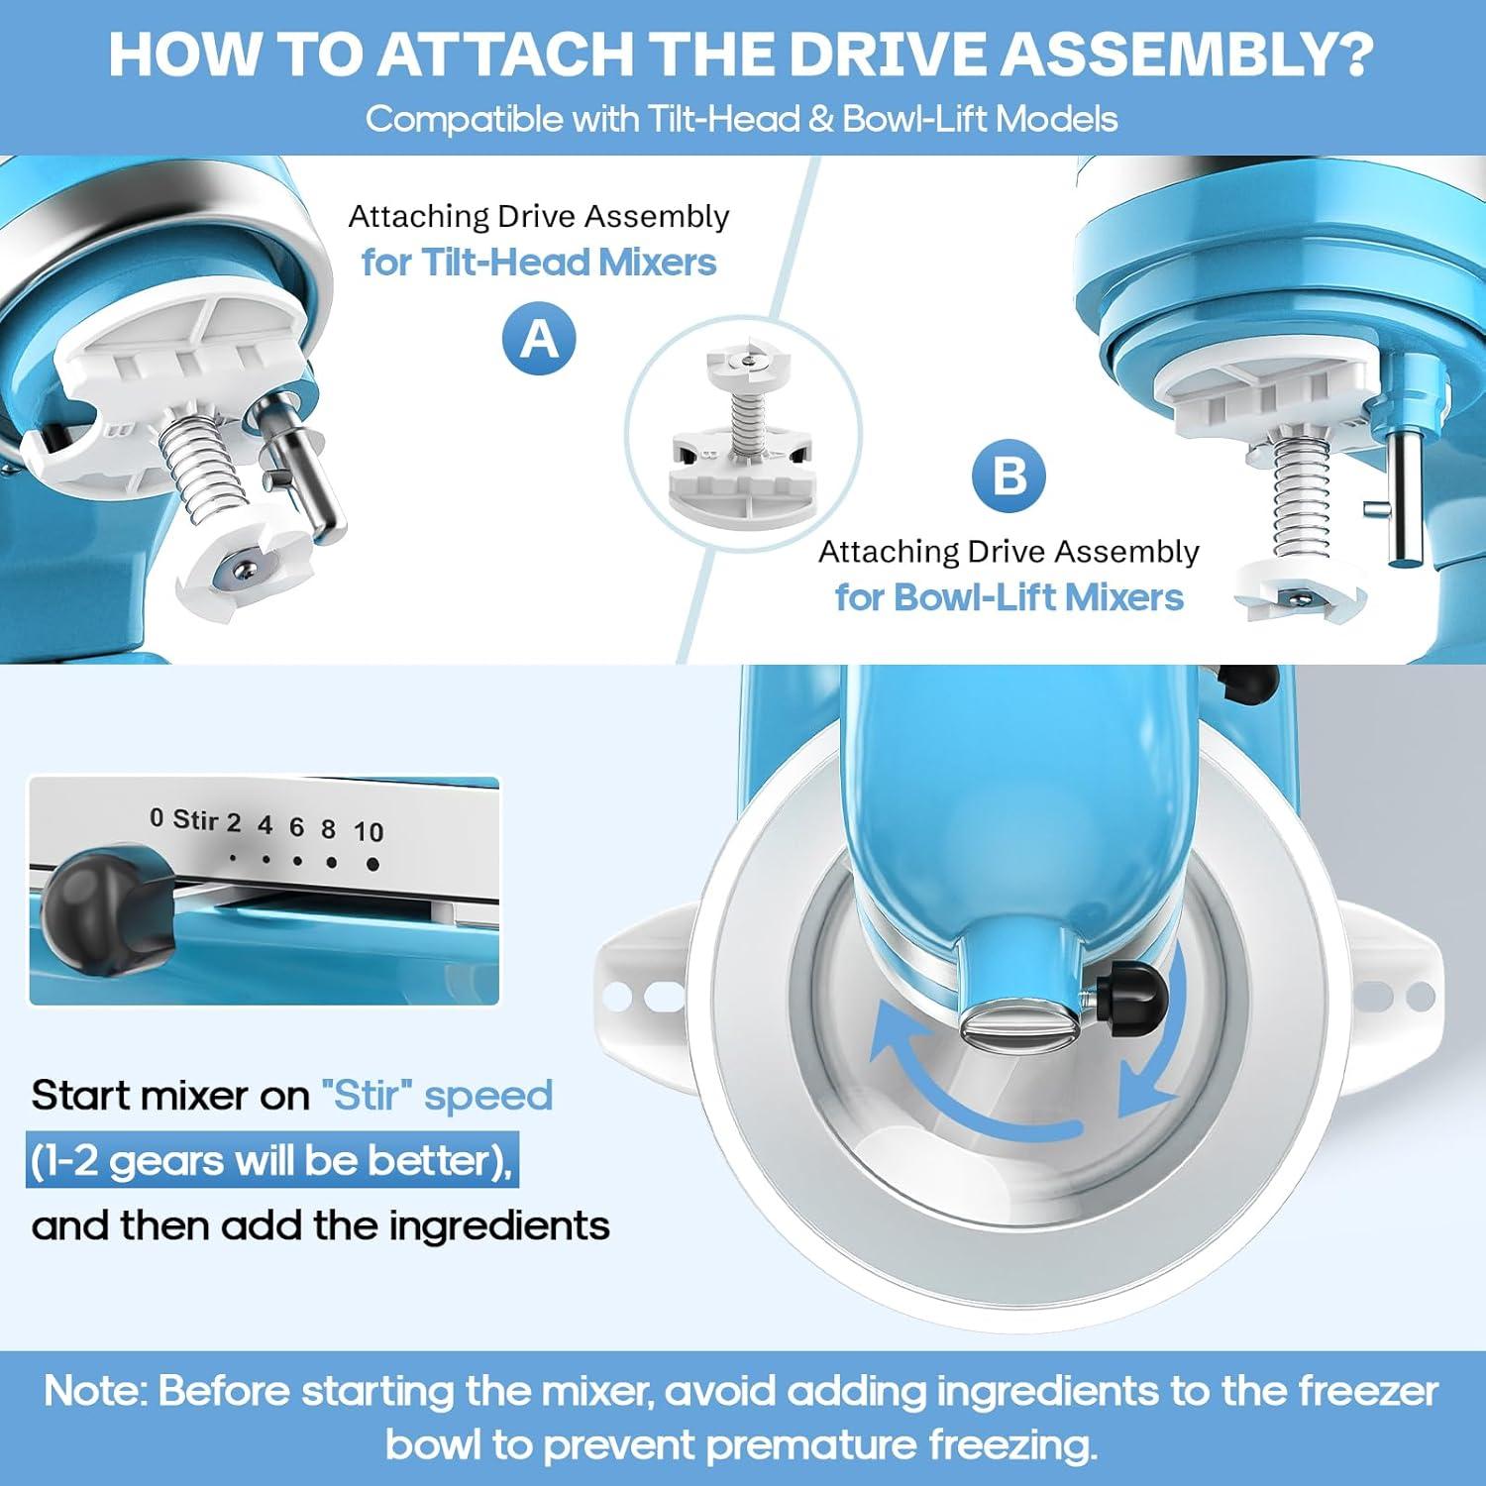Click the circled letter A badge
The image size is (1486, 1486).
[x=539, y=340]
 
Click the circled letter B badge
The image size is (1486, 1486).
[x=1008, y=477]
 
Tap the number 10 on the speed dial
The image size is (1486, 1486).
[x=369, y=832]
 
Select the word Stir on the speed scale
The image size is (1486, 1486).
[x=195, y=819]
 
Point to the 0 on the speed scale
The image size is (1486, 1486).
[x=157, y=817]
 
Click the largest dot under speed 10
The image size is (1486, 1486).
[x=372, y=864]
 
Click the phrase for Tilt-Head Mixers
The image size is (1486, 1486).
[x=539, y=263]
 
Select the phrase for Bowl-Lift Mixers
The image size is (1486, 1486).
[x=1008, y=597]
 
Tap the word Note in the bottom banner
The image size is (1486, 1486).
[x=95, y=1391]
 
